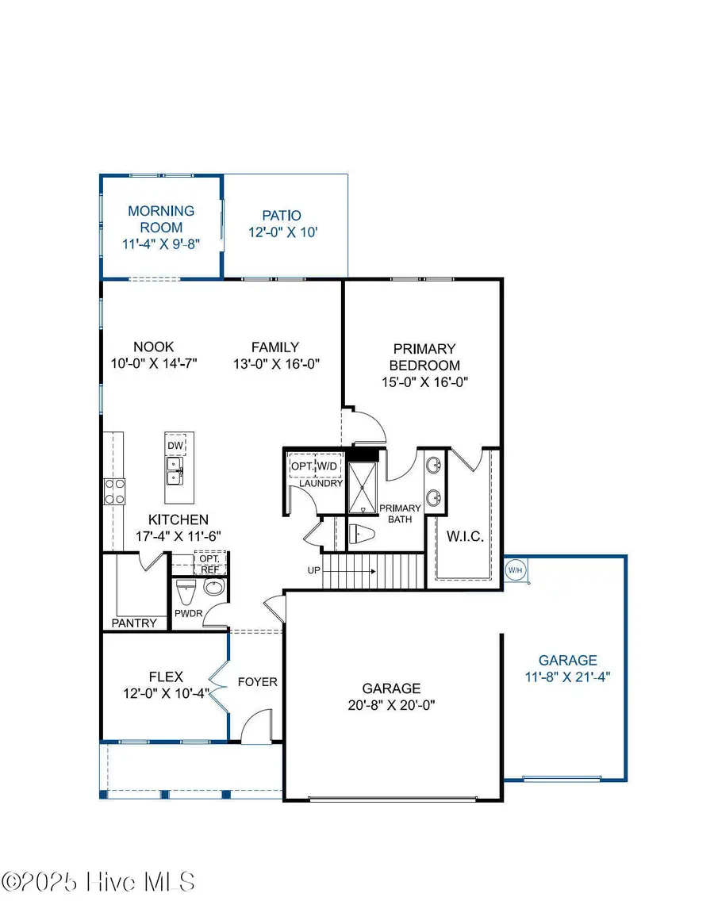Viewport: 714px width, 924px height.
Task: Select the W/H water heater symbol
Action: (515, 569)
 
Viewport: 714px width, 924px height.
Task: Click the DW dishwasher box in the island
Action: (175, 446)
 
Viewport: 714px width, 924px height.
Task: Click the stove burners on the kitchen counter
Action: (114, 490)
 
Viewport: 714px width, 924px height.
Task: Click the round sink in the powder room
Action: (214, 589)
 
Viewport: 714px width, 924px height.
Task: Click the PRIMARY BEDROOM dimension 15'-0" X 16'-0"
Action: (424, 381)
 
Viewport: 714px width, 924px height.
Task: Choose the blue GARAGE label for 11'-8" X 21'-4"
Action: (567, 660)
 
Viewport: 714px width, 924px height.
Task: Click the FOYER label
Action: (258, 681)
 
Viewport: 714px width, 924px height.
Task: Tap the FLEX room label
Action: (166, 677)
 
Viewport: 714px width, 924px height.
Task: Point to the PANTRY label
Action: (134, 623)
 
